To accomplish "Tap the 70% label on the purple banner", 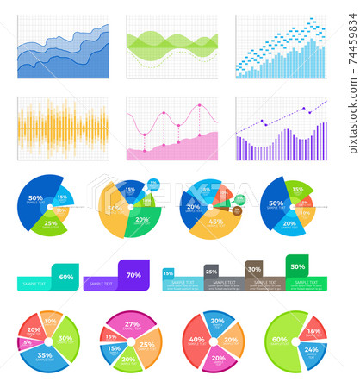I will pyautogui.click(x=133, y=275).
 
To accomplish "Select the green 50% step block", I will pyautogui.click(x=297, y=266).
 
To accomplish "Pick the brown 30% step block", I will pyautogui.click(x=254, y=269).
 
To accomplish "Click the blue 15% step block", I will pyautogui.click(x=168, y=273).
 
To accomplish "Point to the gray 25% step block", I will pyautogui.click(x=211, y=272).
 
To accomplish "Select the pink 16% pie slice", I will pyautogui.click(x=314, y=331).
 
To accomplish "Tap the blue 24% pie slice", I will pyautogui.click(x=311, y=352).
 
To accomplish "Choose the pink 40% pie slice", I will pyautogui.click(x=196, y=340).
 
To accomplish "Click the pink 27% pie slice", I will pyautogui.click(x=131, y=324).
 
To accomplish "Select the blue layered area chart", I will pyautogui.click(x=63, y=47).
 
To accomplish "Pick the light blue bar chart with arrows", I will pyautogui.click(x=281, y=47).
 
